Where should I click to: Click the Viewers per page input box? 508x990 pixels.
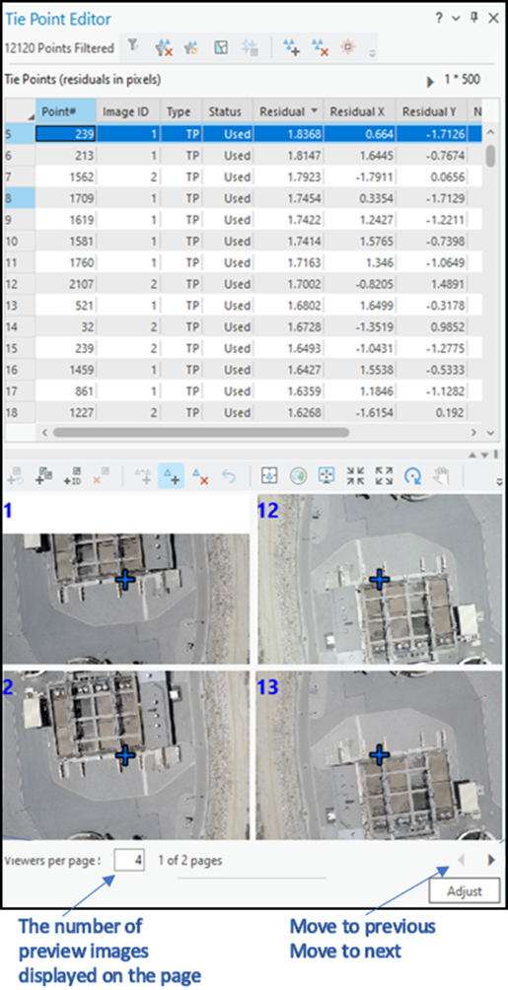(x=130, y=860)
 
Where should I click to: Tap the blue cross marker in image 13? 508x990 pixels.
(x=379, y=754)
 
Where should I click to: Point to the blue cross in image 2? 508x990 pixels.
(x=125, y=754)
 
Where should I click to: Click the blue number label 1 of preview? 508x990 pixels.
(x=8, y=510)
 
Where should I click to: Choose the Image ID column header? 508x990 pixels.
(x=126, y=112)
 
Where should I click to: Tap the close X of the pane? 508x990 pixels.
(x=493, y=19)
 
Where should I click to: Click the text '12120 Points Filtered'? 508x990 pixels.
(x=58, y=46)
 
